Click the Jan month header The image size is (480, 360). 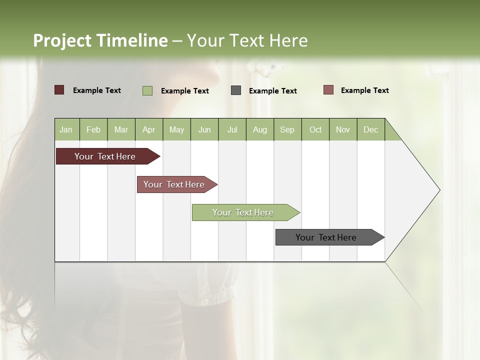point(66,129)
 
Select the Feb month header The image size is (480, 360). point(93,129)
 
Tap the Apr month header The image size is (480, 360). point(149,129)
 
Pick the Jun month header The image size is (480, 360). point(204,129)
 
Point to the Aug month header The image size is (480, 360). point(260,129)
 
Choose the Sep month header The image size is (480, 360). point(287,129)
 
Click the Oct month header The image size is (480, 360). point(315,129)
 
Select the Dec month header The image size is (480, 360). point(371,129)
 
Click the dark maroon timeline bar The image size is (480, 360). point(105,156)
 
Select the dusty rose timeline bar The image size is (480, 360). point(174,184)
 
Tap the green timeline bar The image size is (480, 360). point(243,212)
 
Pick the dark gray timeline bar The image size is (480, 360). point(326,237)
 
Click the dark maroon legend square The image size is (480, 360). point(59,90)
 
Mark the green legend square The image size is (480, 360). point(147,90)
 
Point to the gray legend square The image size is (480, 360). point(236,90)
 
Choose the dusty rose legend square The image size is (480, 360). point(328,90)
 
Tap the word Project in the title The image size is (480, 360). point(63,40)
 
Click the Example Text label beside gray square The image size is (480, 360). point(273,91)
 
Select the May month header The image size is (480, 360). point(176,129)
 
